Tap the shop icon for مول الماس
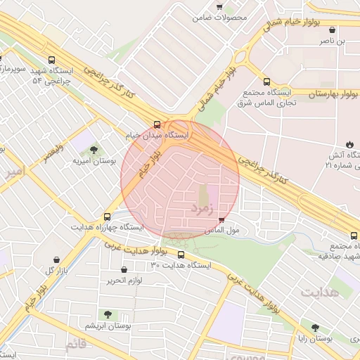tap(223, 220)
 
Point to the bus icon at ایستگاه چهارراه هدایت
tap(107, 217)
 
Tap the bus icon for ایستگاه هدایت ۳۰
tap(181, 255)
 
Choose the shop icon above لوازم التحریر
tap(124, 270)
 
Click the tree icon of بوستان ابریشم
tap(108, 314)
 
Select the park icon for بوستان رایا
tap(315, 327)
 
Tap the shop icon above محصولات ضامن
tap(219, 7)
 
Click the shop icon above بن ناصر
tap(332, 30)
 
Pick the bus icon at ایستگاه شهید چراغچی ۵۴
tap(51, 60)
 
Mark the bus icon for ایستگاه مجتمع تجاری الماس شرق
tap(266, 82)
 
